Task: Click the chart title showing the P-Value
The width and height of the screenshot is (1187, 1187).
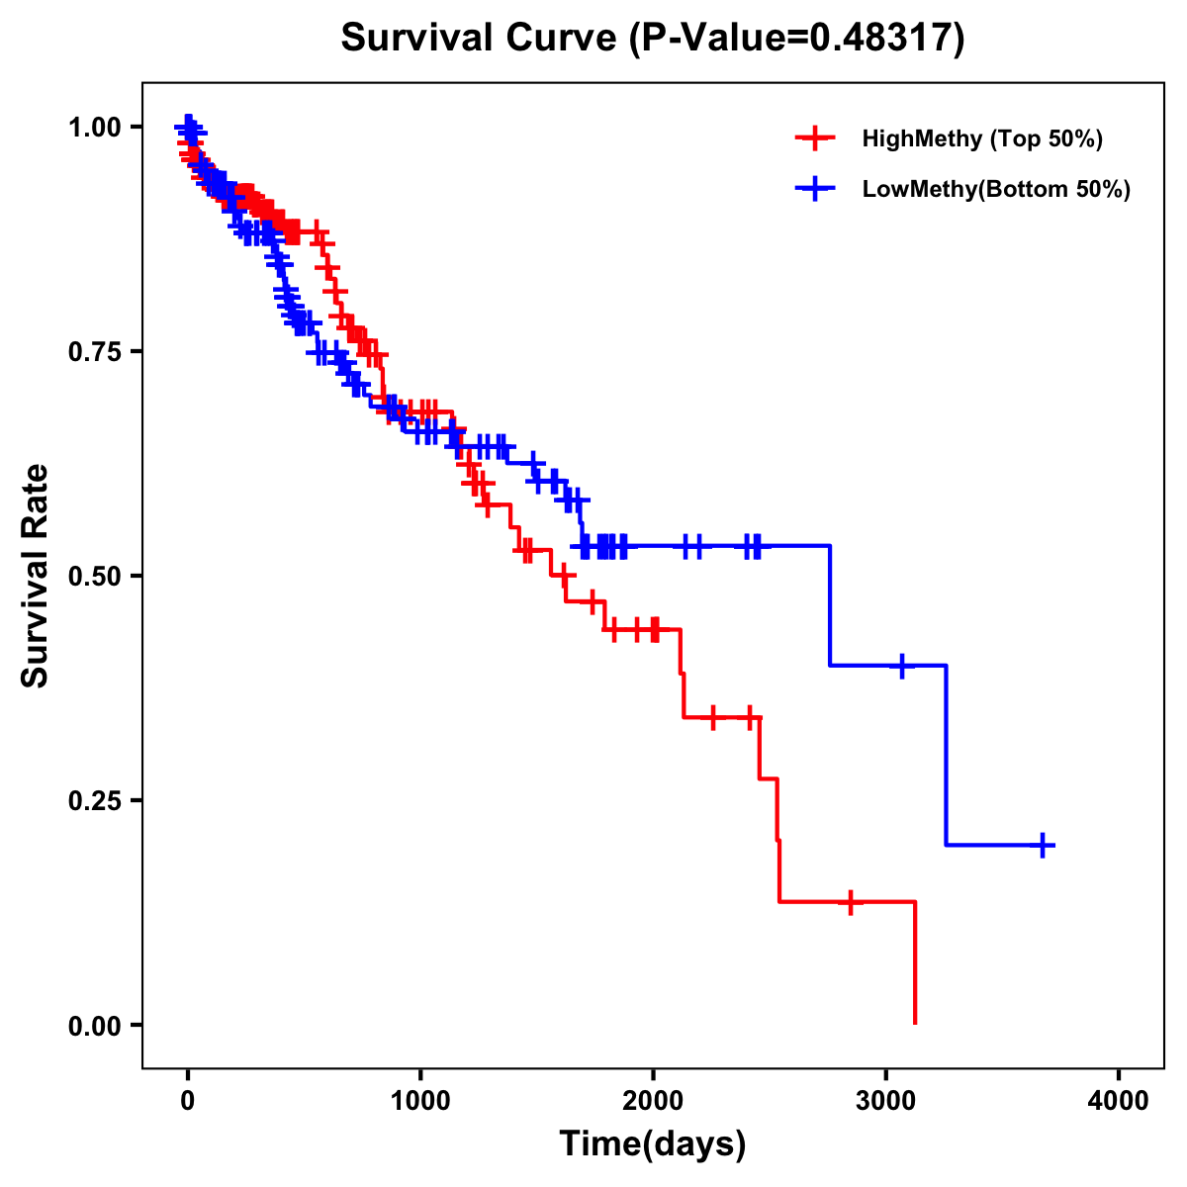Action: (652, 39)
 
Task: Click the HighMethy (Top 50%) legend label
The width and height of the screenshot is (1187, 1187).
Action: (981, 138)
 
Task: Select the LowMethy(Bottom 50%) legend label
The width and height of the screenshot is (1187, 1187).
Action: (996, 189)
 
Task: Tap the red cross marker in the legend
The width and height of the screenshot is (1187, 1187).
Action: (814, 138)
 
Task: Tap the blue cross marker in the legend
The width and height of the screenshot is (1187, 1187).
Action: (814, 189)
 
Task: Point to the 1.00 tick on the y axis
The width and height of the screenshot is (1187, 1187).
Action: (94, 128)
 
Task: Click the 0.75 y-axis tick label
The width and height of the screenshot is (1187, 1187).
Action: (94, 352)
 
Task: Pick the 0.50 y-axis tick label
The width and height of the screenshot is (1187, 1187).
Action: (94, 577)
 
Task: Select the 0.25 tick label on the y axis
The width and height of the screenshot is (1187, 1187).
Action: (94, 801)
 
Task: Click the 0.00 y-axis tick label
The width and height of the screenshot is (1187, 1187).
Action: (94, 1026)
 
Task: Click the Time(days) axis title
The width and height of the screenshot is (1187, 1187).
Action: (653, 1144)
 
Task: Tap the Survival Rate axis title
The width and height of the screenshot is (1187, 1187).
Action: (36, 576)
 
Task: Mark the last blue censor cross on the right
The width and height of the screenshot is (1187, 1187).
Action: (1043, 845)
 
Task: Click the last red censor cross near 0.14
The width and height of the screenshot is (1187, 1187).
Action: (850, 902)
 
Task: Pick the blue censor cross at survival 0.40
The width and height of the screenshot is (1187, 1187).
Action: (901, 666)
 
